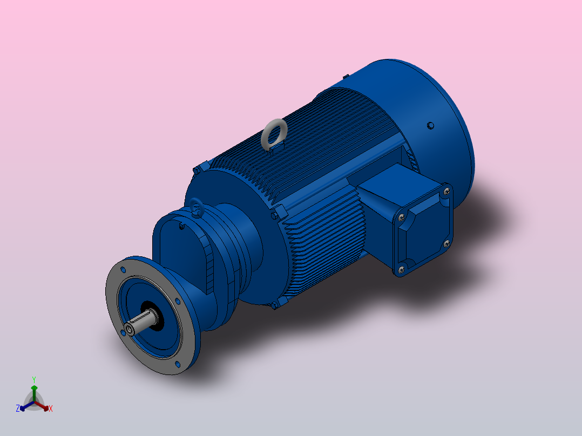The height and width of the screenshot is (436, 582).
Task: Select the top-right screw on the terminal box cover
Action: click(446, 190)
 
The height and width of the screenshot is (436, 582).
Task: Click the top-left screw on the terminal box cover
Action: click(401, 217)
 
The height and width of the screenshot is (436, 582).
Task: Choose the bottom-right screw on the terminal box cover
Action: click(446, 244)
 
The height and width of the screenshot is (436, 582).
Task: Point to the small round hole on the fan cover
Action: click(430, 126)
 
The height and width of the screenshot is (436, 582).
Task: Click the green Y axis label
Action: click(34, 379)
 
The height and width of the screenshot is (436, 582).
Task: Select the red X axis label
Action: click(51, 409)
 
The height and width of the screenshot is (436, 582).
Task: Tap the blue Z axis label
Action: click(18, 408)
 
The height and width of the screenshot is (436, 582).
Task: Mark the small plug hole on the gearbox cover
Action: click(181, 228)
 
